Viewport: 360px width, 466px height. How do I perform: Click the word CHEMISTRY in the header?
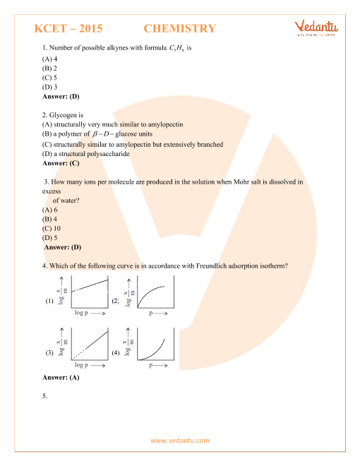point(179,29)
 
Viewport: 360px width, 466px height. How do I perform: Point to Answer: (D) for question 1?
point(61,95)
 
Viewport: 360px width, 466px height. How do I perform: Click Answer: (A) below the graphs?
point(61,378)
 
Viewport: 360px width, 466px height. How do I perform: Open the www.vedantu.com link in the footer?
point(179,441)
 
